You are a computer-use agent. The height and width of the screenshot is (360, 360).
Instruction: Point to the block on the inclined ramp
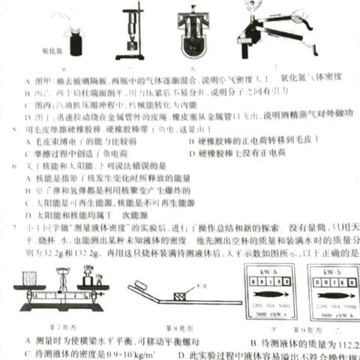point(180,296)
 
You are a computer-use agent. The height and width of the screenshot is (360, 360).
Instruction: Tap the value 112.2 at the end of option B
point(346,343)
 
